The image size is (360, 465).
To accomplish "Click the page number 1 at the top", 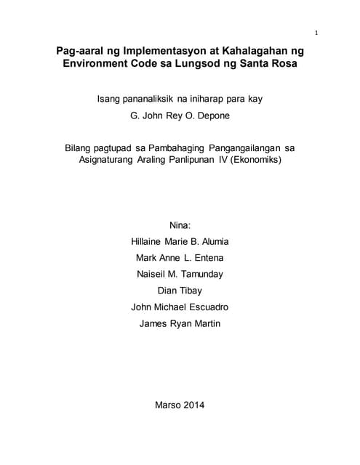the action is point(317,33).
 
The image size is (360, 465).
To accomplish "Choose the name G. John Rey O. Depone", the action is point(180,114).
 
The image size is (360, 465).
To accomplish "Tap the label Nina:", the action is point(180,225).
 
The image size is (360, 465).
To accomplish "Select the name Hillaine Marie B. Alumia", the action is point(180,242).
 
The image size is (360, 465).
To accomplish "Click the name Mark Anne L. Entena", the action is point(180,258).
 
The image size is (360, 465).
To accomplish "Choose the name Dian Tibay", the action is point(180,291).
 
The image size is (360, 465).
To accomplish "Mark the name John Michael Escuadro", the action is point(180,307).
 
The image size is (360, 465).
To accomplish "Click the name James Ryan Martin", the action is point(180,323).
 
